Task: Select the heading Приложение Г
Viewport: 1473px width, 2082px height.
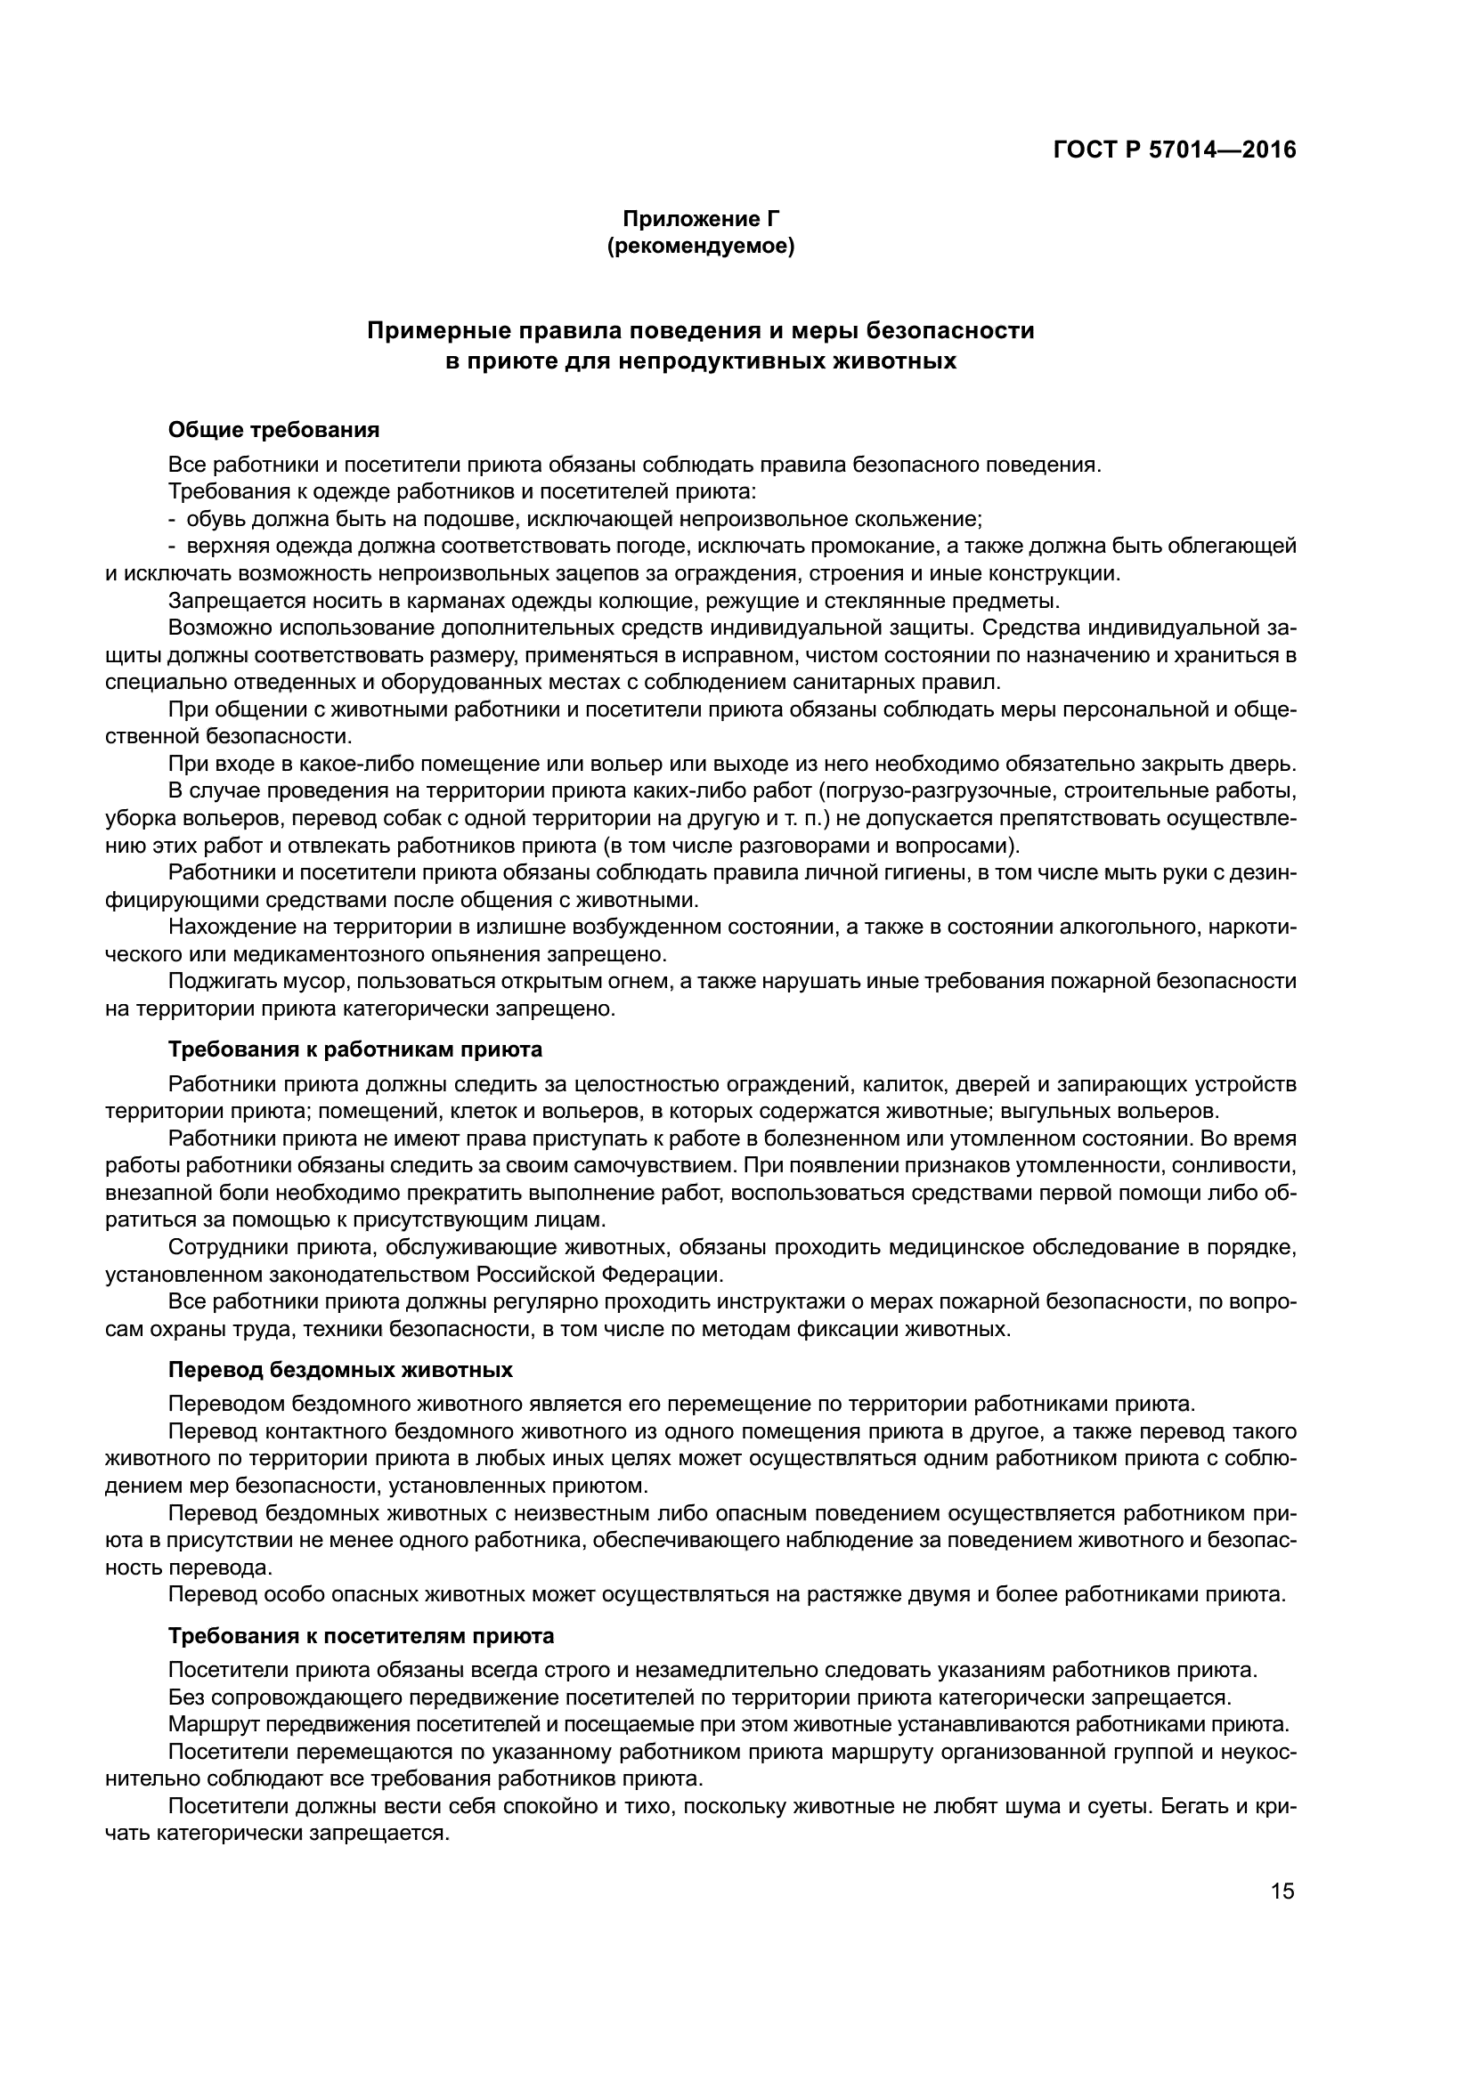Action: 700,219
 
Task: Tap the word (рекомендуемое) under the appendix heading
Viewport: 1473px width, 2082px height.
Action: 700,246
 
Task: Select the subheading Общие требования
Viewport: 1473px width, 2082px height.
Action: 274,430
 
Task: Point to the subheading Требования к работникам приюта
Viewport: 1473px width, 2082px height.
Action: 355,1049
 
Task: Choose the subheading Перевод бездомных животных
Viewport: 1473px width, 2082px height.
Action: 340,1369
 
